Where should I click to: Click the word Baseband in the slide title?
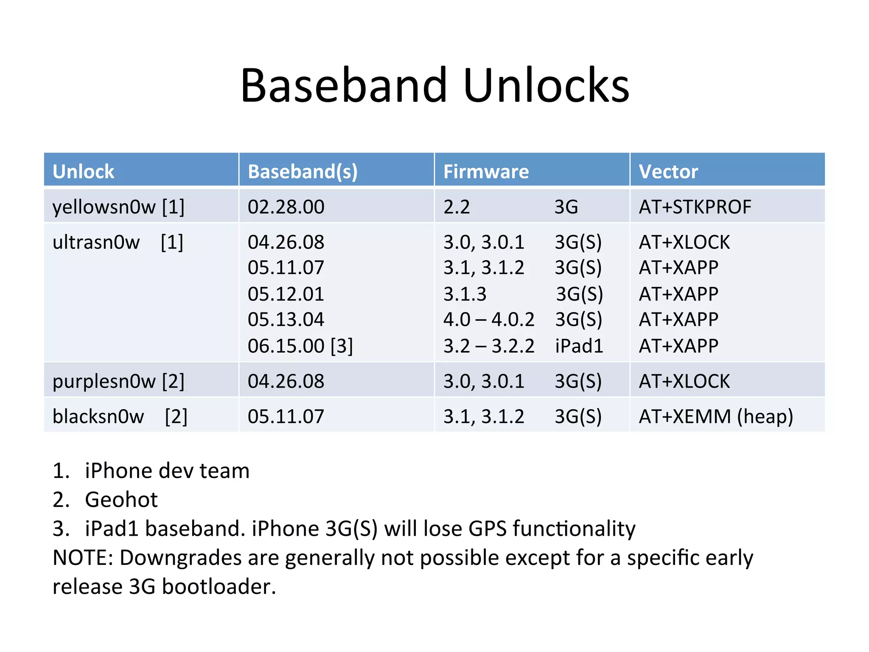click(x=344, y=86)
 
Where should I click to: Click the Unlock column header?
click(x=83, y=171)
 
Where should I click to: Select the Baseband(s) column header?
click(x=303, y=171)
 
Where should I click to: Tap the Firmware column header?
click(x=486, y=171)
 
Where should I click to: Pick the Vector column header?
click(x=668, y=171)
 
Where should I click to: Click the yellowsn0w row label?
click(x=104, y=207)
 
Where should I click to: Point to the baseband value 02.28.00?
click(x=286, y=207)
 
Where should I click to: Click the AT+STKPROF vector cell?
click(x=695, y=207)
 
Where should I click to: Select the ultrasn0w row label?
click(x=96, y=242)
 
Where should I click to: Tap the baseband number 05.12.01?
click(x=286, y=294)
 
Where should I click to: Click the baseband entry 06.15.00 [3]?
click(x=300, y=346)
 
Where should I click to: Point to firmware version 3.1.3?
click(x=465, y=294)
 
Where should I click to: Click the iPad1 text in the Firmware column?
click(x=579, y=346)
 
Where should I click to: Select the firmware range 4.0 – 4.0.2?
click(x=488, y=320)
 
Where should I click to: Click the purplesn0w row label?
click(x=104, y=381)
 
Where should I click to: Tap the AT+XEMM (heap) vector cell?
click(x=716, y=416)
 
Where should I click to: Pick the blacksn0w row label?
click(x=98, y=416)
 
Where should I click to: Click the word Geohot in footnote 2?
click(x=121, y=500)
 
